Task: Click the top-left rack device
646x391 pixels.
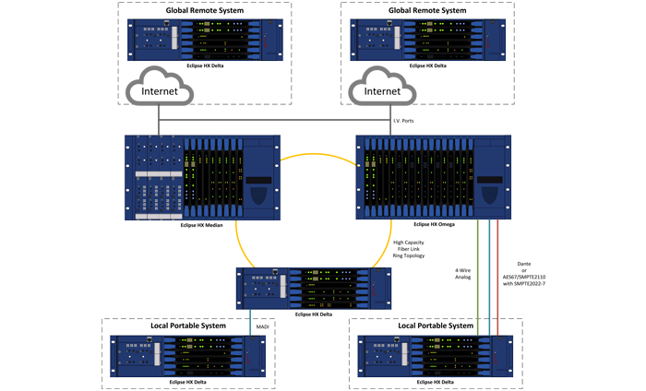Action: (x=204, y=40)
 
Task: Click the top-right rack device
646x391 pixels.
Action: (x=428, y=40)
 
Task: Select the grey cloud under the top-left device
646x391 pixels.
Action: (x=160, y=88)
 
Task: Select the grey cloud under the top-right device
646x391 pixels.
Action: (x=383, y=88)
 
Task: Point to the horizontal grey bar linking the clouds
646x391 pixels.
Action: (x=274, y=120)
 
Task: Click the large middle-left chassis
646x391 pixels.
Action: (x=202, y=177)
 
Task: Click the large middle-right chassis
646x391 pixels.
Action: (x=433, y=177)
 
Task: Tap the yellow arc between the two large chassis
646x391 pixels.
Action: (x=318, y=156)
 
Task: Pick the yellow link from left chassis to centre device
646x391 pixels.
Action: (x=241, y=244)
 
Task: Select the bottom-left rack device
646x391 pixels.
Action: (x=188, y=356)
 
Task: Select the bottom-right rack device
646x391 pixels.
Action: (x=435, y=356)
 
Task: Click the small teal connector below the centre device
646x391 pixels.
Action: (x=249, y=322)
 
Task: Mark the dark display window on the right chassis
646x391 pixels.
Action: (x=490, y=180)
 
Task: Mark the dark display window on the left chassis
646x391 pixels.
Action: (x=259, y=180)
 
